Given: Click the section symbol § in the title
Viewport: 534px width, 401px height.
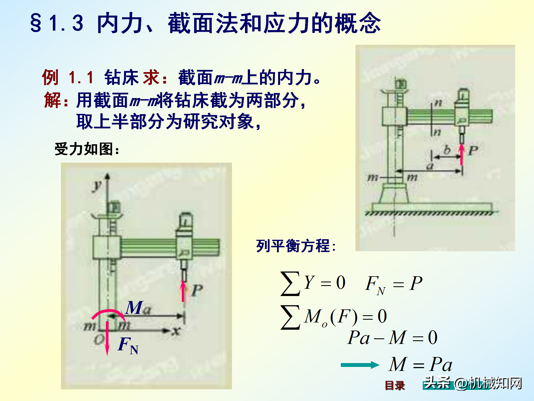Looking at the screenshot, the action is point(36,23).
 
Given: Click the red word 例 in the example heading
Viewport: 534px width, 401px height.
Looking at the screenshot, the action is point(50,77).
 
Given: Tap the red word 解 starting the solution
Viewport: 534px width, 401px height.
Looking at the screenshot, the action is point(52,100).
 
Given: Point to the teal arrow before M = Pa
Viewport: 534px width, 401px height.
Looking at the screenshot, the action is point(360,365).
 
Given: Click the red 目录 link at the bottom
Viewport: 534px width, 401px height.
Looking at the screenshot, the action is point(395,386).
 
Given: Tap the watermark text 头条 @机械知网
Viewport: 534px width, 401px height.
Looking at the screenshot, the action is point(473,383).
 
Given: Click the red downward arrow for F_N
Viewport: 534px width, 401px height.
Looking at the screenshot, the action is point(107,338).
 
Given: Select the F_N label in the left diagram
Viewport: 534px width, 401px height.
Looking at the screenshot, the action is point(128,346).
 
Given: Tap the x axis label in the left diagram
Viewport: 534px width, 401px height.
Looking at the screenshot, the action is point(176,331).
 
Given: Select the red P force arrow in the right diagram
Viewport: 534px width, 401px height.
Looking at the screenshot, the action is point(462,154).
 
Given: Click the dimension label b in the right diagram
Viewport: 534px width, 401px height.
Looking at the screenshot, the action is point(447,150).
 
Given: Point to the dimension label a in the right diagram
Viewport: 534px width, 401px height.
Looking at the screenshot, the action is point(430,166).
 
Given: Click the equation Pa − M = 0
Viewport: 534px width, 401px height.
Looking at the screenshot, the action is point(392,338).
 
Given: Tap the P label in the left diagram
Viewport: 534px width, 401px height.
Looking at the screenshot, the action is point(197,290).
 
